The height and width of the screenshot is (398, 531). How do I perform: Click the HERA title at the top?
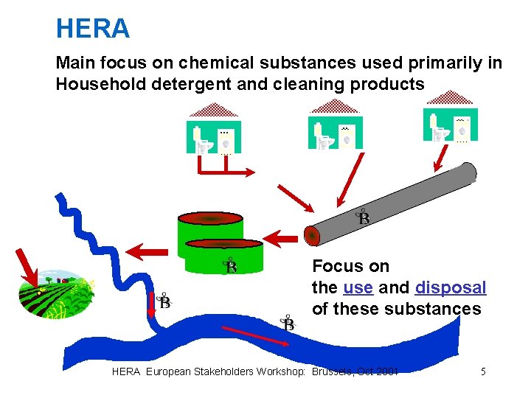pyautogui.click(x=93, y=29)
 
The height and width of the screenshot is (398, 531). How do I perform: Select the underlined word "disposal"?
pyautogui.click(x=451, y=287)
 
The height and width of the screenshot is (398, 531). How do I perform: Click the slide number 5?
pyautogui.click(x=483, y=371)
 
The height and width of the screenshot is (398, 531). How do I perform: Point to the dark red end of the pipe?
pyautogui.click(x=312, y=236)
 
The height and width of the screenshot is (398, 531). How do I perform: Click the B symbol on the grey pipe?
pyautogui.click(x=364, y=217)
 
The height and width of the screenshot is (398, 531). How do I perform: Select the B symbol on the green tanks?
pyautogui.click(x=231, y=266)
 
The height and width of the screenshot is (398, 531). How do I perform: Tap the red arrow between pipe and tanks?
pyautogui.click(x=281, y=238)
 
